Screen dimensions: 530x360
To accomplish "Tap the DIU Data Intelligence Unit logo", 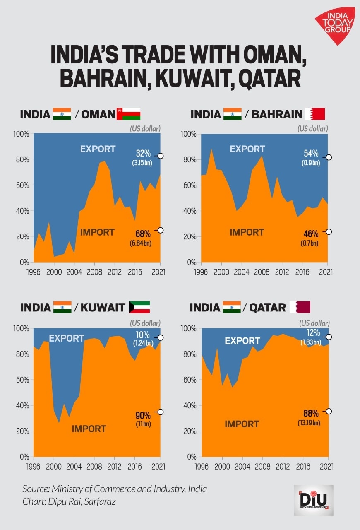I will click(x=313, y=500).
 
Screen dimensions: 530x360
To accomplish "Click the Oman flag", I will click(x=128, y=114).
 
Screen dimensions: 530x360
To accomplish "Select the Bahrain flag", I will click(x=315, y=114).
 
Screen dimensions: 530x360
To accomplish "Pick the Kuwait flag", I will click(x=139, y=307).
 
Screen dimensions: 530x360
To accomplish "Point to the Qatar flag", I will click(x=300, y=307).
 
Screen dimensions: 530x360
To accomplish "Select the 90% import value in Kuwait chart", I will click(x=143, y=415).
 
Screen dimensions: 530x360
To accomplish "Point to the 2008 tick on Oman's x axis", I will click(x=94, y=272).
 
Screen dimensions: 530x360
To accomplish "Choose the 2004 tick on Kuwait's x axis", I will click(x=74, y=467).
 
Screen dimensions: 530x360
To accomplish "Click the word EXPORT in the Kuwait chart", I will click(x=66, y=338).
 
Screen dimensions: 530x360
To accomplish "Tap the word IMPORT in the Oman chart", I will click(x=97, y=232).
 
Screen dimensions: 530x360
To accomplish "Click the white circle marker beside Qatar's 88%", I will click(x=329, y=411).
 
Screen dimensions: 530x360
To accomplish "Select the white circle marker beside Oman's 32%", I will click(x=161, y=156).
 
